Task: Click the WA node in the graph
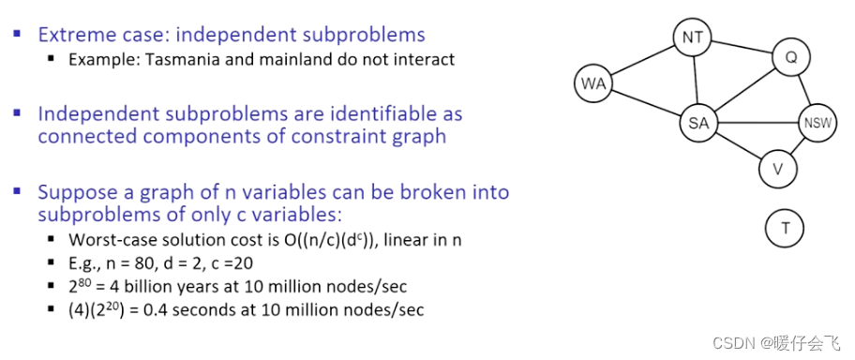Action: [593, 84]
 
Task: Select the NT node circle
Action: [693, 38]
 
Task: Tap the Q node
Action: [790, 59]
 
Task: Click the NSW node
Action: [817, 124]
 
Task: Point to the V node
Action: [777, 169]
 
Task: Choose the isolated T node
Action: [785, 227]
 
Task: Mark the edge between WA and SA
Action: [646, 104]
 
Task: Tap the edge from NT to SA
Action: [696, 81]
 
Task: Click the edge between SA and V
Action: [738, 146]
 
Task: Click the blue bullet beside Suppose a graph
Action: [17, 190]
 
